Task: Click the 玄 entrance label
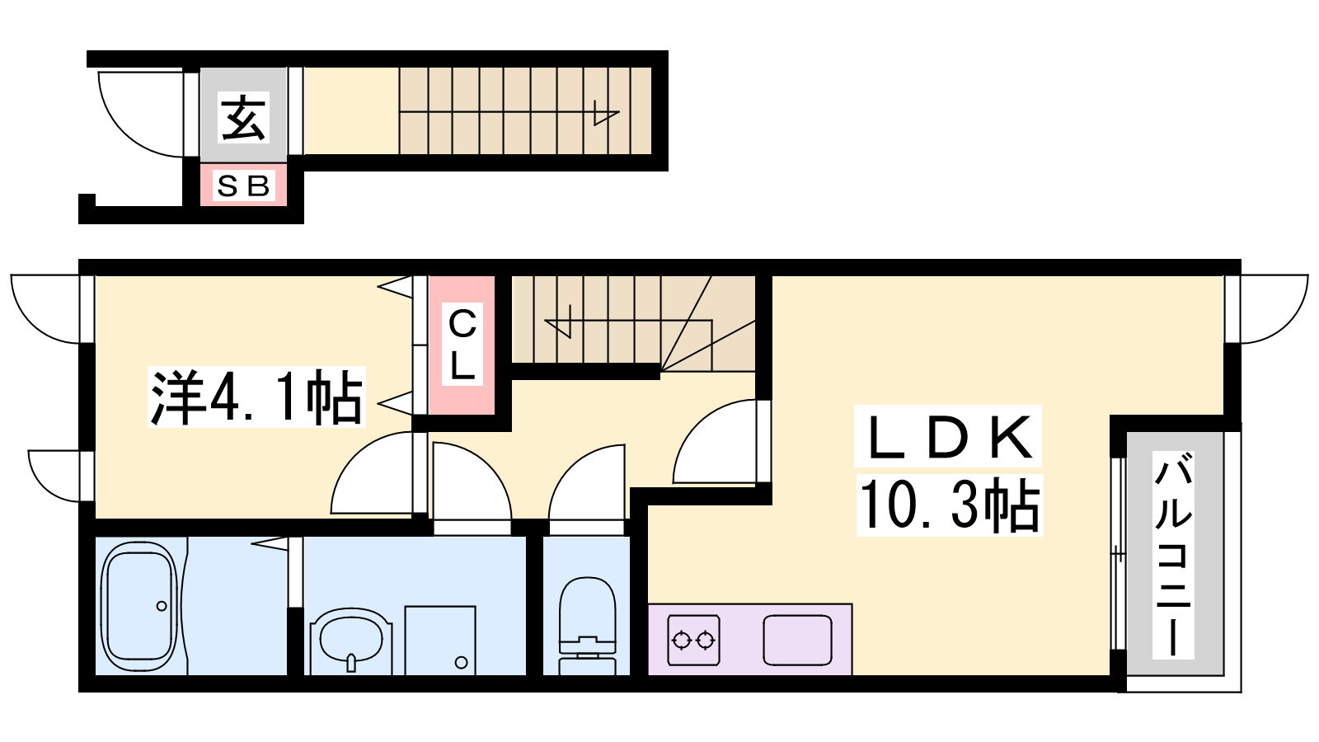tap(244, 118)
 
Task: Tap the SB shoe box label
tap(243, 186)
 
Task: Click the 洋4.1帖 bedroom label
tap(256, 397)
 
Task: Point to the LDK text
tap(948, 436)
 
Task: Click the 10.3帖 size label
tap(949, 505)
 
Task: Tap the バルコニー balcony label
tap(1173, 554)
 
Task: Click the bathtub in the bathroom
tap(139, 606)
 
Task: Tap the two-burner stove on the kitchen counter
tap(693, 640)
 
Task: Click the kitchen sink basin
tap(797, 640)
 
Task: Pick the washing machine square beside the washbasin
tap(440, 640)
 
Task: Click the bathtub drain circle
tap(162, 606)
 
